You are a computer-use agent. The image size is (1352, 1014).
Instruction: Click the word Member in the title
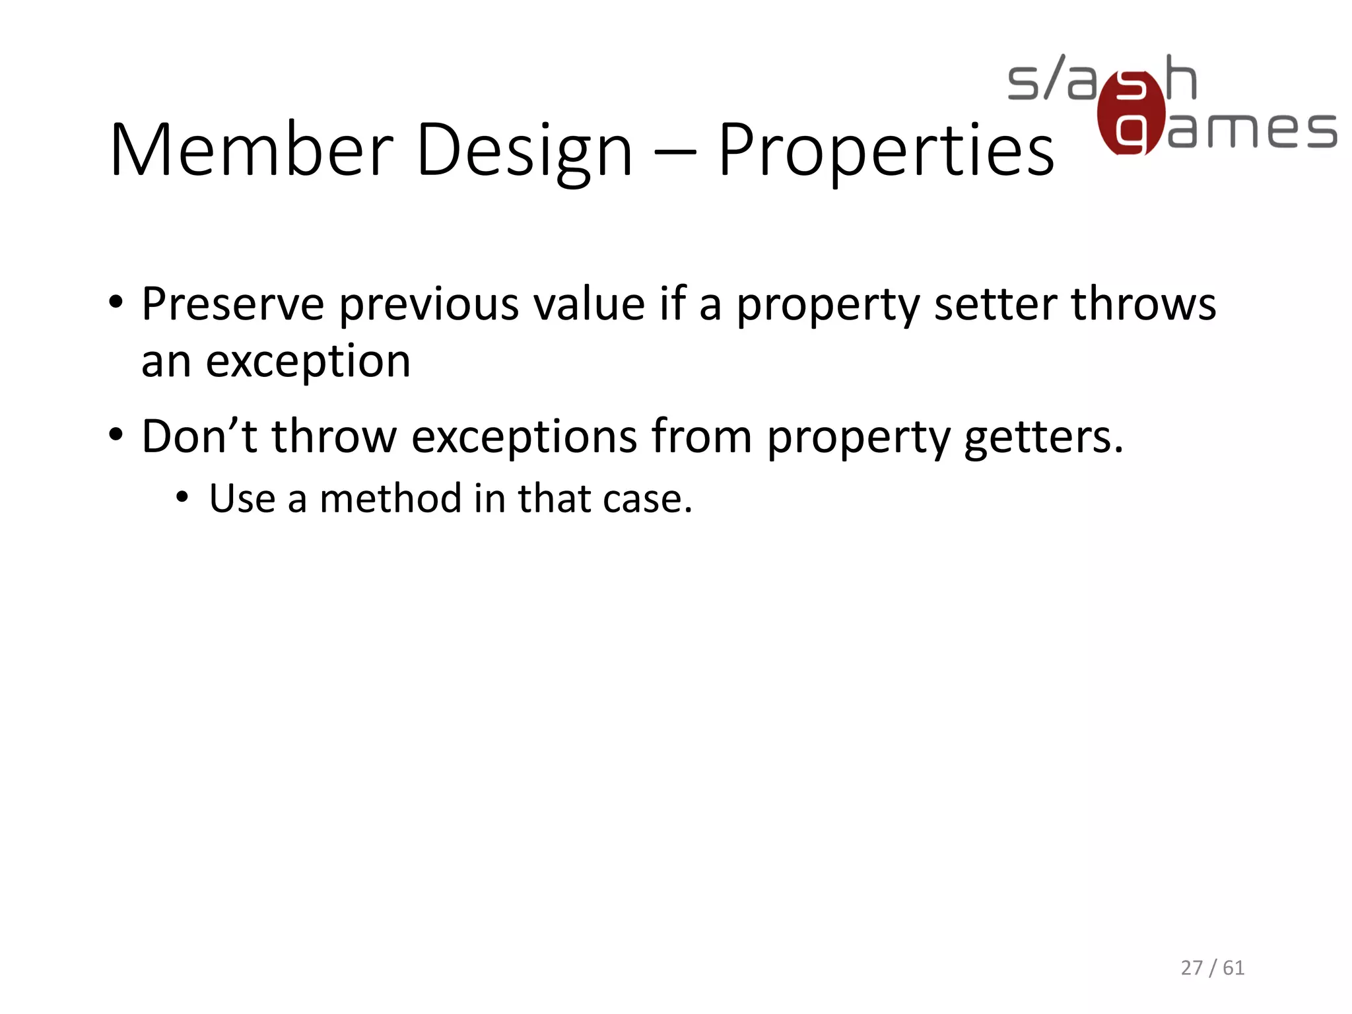click(x=252, y=151)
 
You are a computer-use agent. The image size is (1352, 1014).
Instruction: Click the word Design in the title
click(x=525, y=151)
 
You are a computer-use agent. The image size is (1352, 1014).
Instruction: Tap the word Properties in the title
click(x=885, y=151)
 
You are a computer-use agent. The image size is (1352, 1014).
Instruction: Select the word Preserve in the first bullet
click(x=232, y=304)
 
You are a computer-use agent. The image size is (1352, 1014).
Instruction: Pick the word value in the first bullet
click(x=589, y=304)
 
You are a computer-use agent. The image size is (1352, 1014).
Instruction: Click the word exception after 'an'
click(x=308, y=362)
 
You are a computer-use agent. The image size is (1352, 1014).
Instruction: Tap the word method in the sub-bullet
click(x=390, y=498)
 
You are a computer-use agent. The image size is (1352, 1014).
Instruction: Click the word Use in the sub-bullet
click(x=242, y=498)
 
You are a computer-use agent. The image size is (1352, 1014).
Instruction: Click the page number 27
click(x=1192, y=968)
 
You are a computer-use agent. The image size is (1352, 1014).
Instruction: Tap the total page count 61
click(x=1233, y=968)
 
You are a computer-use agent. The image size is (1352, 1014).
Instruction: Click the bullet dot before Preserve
click(x=116, y=303)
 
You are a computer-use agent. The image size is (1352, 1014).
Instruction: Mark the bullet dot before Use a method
click(x=183, y=497)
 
